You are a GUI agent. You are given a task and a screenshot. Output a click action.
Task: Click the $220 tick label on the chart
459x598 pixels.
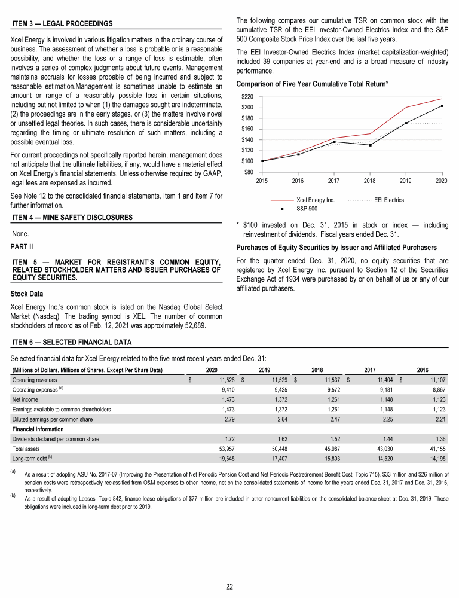click(246, 97)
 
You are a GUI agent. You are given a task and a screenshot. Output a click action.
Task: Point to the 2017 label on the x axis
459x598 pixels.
click(333, 180)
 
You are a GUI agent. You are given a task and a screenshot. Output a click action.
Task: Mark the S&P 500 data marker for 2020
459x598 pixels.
click(442, 106)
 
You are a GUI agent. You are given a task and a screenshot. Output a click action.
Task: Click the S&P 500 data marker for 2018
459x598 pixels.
click(370, 145)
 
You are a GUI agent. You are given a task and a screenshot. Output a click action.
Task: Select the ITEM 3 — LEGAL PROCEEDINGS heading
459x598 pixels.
click(62, 23)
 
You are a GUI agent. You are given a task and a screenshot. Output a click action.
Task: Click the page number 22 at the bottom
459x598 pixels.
click(229, 586)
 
